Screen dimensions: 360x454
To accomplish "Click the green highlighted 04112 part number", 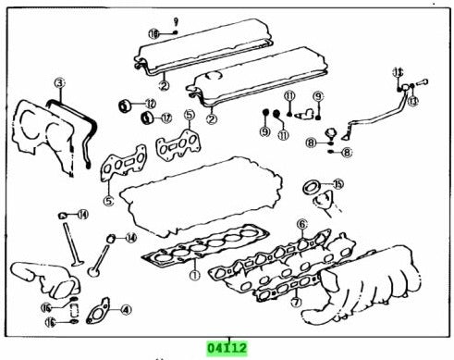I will [x=227, y=348].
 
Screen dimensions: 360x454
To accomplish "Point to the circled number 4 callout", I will [x=126, y=310].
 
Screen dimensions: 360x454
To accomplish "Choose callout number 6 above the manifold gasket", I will [x=301, y=224].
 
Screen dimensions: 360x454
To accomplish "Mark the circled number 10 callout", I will [x=154, y=33].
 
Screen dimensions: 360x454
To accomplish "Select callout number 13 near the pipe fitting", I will [x=412, y=100].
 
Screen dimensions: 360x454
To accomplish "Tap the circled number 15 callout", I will [x=338, y=184].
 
